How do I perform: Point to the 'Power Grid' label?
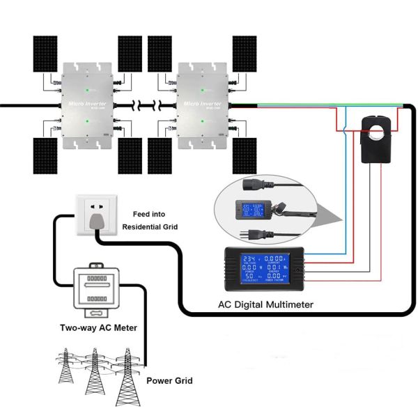[169, 381]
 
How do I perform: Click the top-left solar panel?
[42, 53]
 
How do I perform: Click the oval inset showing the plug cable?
[264, 208]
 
